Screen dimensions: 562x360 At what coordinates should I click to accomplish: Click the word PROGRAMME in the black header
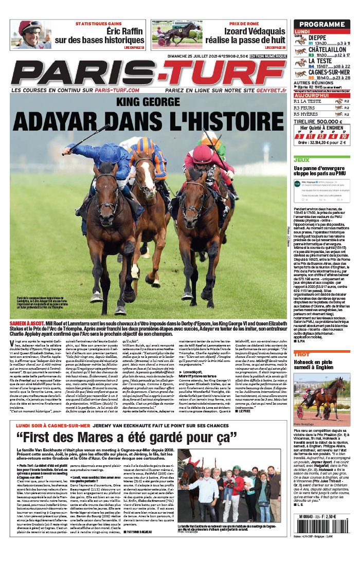(321, 24)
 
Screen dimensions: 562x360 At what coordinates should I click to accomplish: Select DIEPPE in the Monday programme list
(318, 38)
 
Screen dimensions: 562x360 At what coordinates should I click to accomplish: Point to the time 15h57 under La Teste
(322, 66)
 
